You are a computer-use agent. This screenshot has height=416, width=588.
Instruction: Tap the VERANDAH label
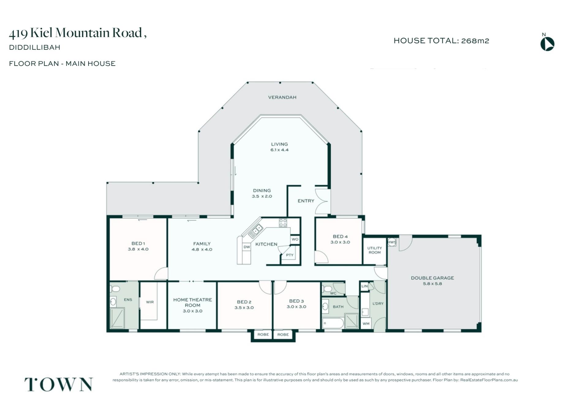(282, 97)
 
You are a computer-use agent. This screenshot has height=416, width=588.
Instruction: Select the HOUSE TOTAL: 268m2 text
(441, 41)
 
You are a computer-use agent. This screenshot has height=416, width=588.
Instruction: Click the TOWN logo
(58, 384)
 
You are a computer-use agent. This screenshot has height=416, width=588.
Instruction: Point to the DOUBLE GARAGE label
(432, 278)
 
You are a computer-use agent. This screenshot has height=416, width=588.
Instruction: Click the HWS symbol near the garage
(392, 242)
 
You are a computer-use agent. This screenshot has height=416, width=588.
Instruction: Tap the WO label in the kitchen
(295, 239)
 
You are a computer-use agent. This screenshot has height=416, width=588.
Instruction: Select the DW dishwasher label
(247, 247)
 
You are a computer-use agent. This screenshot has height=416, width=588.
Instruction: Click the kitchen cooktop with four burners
(283, 223)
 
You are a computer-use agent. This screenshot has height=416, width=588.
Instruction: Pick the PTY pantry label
(290, 255)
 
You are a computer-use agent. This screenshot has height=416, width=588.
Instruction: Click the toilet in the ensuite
(115, 289)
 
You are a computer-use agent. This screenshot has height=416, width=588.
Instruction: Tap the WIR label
(150, 302)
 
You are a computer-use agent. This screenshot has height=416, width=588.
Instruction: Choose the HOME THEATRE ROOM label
(192, 303)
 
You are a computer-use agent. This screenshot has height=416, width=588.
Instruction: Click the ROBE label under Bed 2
(263, 334)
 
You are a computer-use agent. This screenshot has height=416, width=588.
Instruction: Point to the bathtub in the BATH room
(333, 323)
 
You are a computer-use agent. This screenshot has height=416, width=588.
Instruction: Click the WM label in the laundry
(366, 324)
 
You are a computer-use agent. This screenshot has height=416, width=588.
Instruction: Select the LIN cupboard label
(364, 286)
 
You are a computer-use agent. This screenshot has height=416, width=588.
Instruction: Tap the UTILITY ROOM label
(375, 250)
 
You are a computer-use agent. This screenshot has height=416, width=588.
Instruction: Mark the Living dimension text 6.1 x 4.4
(279, 150)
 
